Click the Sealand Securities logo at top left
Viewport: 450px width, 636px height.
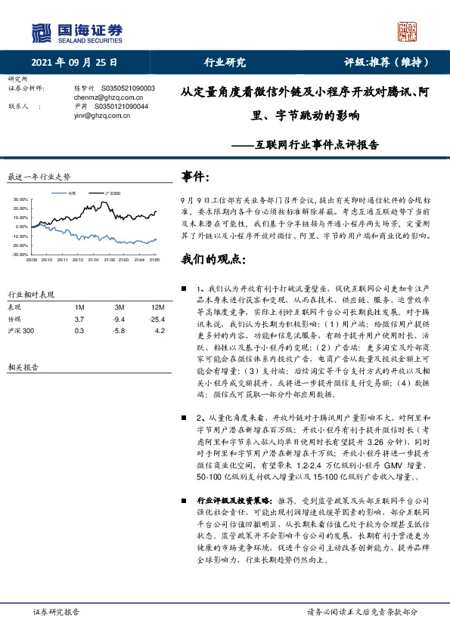point(76,32)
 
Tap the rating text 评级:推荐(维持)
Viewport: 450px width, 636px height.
point(383,63)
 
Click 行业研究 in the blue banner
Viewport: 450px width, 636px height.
point(225,63)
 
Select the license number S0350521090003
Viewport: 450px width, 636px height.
point(124,88)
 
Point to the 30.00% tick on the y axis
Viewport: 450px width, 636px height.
point(20,200)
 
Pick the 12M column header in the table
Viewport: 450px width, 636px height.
point(137,307)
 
